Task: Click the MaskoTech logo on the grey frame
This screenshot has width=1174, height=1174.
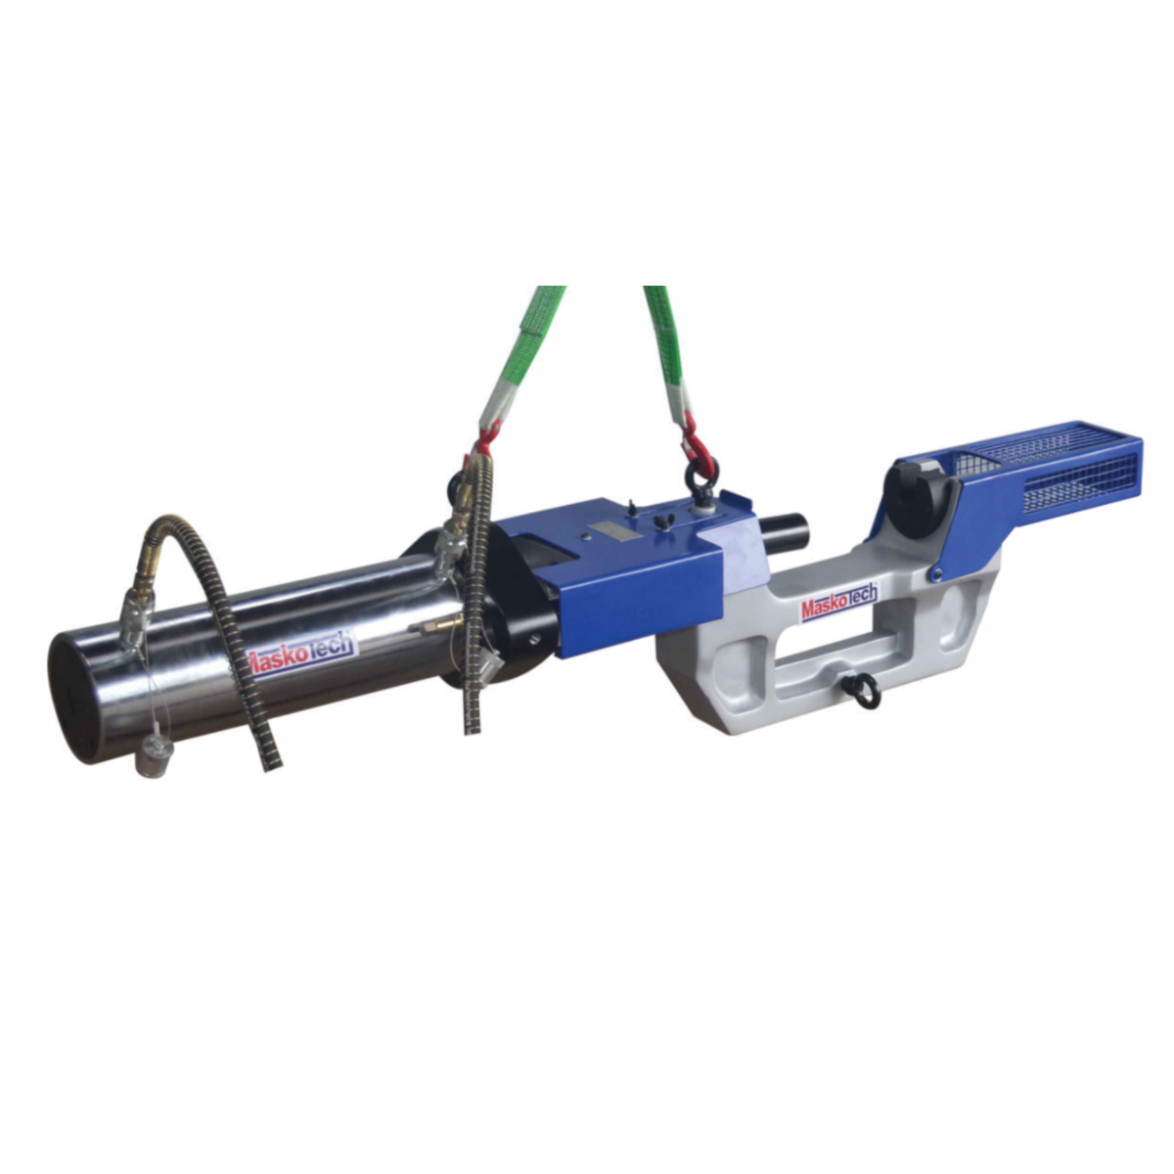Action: point(839,603)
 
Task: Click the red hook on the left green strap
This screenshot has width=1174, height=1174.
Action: point(486,438)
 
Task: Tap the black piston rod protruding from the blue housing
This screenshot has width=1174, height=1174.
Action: point(787,532)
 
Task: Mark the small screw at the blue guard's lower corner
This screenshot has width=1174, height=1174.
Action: point(937,574)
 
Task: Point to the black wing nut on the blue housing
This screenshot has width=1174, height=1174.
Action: point(666,519)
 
